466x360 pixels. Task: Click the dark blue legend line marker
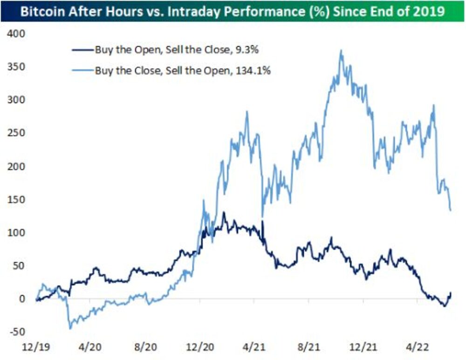[82, 49]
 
